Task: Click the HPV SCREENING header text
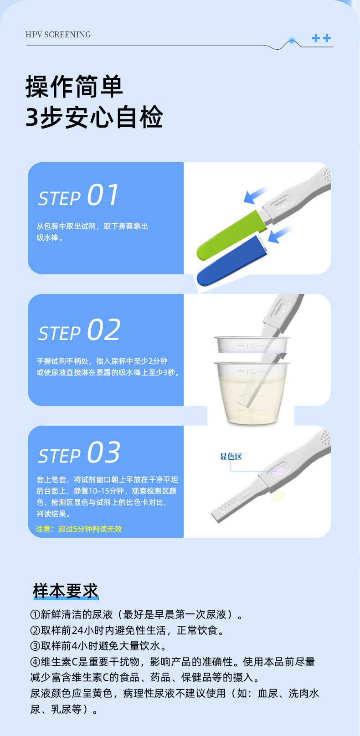pos(58,35)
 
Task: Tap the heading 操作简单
pos(74,86)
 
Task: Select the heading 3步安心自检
pos(94,117)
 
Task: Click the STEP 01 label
pos(78,196)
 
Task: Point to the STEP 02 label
pos(79,330)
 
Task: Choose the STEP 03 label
pos(79,453)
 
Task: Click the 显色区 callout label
pos(231,457)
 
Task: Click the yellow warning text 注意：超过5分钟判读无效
pos(79,529)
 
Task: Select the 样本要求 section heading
pos(66,591)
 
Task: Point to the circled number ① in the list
pos(35,615)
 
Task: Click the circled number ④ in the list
pos(35,662)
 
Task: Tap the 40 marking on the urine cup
pos(251,411)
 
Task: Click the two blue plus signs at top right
pos(321,38)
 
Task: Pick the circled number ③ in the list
pos(35,646)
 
